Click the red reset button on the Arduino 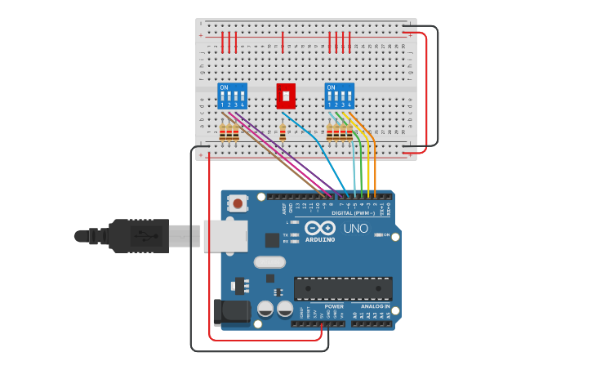coord(238,203)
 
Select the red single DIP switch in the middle coord(286,96)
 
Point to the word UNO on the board coord(355,229)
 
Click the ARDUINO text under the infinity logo coord(320,239)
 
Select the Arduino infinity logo coord(320,228)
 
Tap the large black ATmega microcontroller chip coord(343,288)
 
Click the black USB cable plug coord(139,235)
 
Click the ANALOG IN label coord(376,307)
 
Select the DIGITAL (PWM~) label coord(353,213)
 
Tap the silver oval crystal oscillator coord(269,262)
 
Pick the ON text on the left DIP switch coord(224,87)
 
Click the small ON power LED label coord(386,235)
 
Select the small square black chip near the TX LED coord(272,240)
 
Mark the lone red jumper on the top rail coord(283,42)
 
